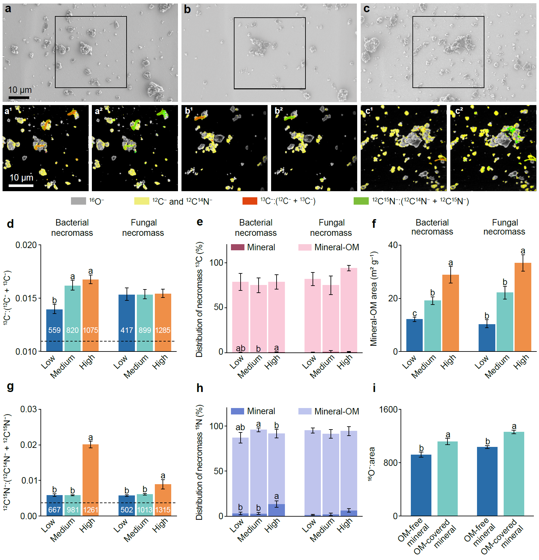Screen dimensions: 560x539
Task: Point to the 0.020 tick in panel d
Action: click(x=26, y=245)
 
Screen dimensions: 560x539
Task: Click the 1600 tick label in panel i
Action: click(x=388, y=409)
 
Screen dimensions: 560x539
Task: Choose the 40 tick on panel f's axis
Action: click(x=393, y=245)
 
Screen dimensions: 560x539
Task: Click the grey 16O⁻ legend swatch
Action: click(x=78, y=201)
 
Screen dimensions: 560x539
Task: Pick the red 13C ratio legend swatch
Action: click(x=250, y=201)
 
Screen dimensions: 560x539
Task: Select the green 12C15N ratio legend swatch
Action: click(x=361, y=201)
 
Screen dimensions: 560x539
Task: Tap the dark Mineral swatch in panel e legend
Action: click(x=237, y=247)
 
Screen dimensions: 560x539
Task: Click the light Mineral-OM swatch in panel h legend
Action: click(x=305, y=411)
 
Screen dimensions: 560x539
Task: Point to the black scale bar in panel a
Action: click(x=19, y=97)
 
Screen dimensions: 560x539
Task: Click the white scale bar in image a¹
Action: click(x=21, y=185)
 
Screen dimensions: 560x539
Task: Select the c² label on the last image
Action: click(x=459, y=111)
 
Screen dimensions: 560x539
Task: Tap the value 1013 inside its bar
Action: click(x=145, y=510)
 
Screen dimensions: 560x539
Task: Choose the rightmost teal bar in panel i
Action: click(x=514, y=474)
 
